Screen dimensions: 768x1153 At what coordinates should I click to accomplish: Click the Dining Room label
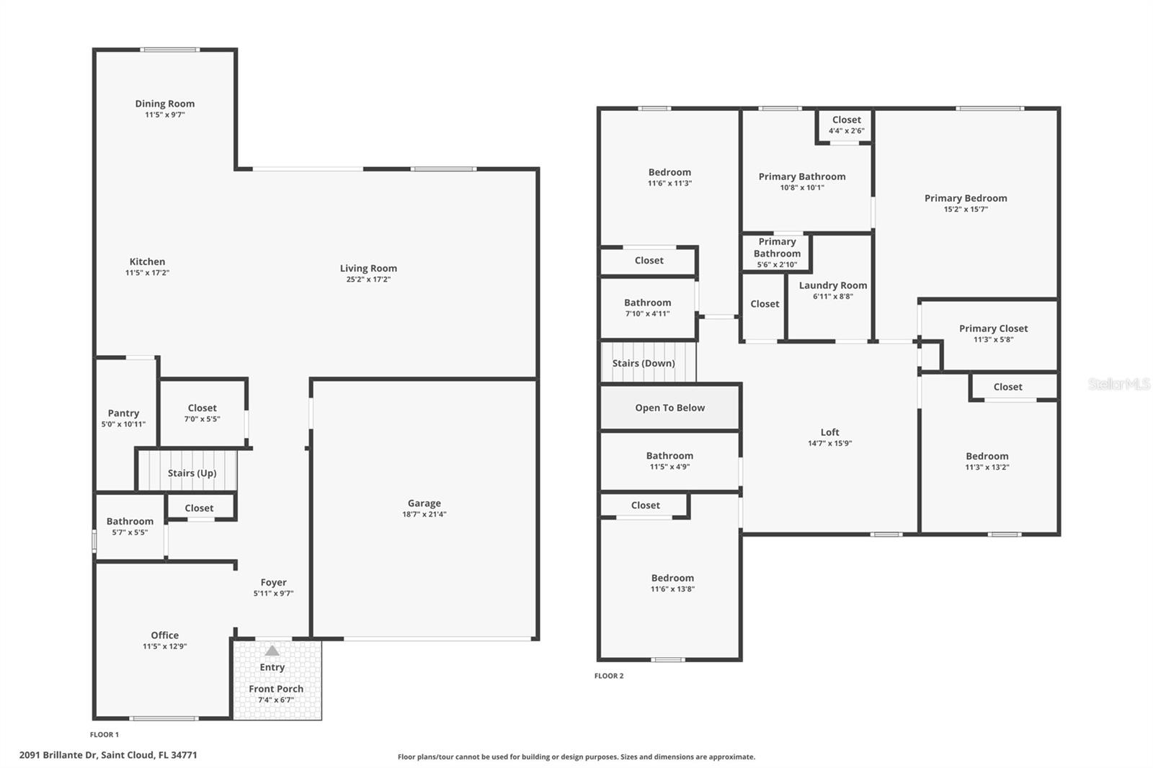pos(165,104)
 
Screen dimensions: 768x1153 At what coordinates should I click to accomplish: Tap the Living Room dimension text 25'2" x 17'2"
pos(368,280)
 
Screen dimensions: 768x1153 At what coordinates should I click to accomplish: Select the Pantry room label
pos(123,414)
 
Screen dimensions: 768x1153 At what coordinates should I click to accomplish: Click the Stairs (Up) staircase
pos(191,472)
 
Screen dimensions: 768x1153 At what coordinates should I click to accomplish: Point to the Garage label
pos(424,504)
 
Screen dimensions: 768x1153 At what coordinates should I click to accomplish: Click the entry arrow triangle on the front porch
pos(272,651)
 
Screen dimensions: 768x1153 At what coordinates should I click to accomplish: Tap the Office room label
pos(164,635)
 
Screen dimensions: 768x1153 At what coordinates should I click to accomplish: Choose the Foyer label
pos(273,582)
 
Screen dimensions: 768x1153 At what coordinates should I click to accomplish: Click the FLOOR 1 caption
pos(104,735)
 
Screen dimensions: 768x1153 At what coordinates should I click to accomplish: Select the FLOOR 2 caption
pos(609,676)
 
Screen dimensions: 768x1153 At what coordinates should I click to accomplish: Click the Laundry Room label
pos(832,285)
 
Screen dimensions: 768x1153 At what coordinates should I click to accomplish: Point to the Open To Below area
pos(669,408)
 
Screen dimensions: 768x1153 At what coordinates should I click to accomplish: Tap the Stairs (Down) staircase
pos(647,362)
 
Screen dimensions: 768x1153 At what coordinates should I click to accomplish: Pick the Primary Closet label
pos(993,329)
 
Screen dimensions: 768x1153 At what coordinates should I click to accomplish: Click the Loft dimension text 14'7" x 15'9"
pos(829,444)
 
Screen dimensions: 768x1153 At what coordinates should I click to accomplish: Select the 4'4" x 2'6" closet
pos(846,125)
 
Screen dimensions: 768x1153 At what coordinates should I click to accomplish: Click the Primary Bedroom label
pos(966,198)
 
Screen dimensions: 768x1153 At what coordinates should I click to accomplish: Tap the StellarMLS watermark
pos(1118,384)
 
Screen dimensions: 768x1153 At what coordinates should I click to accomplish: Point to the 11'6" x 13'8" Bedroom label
pos(672,578)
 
